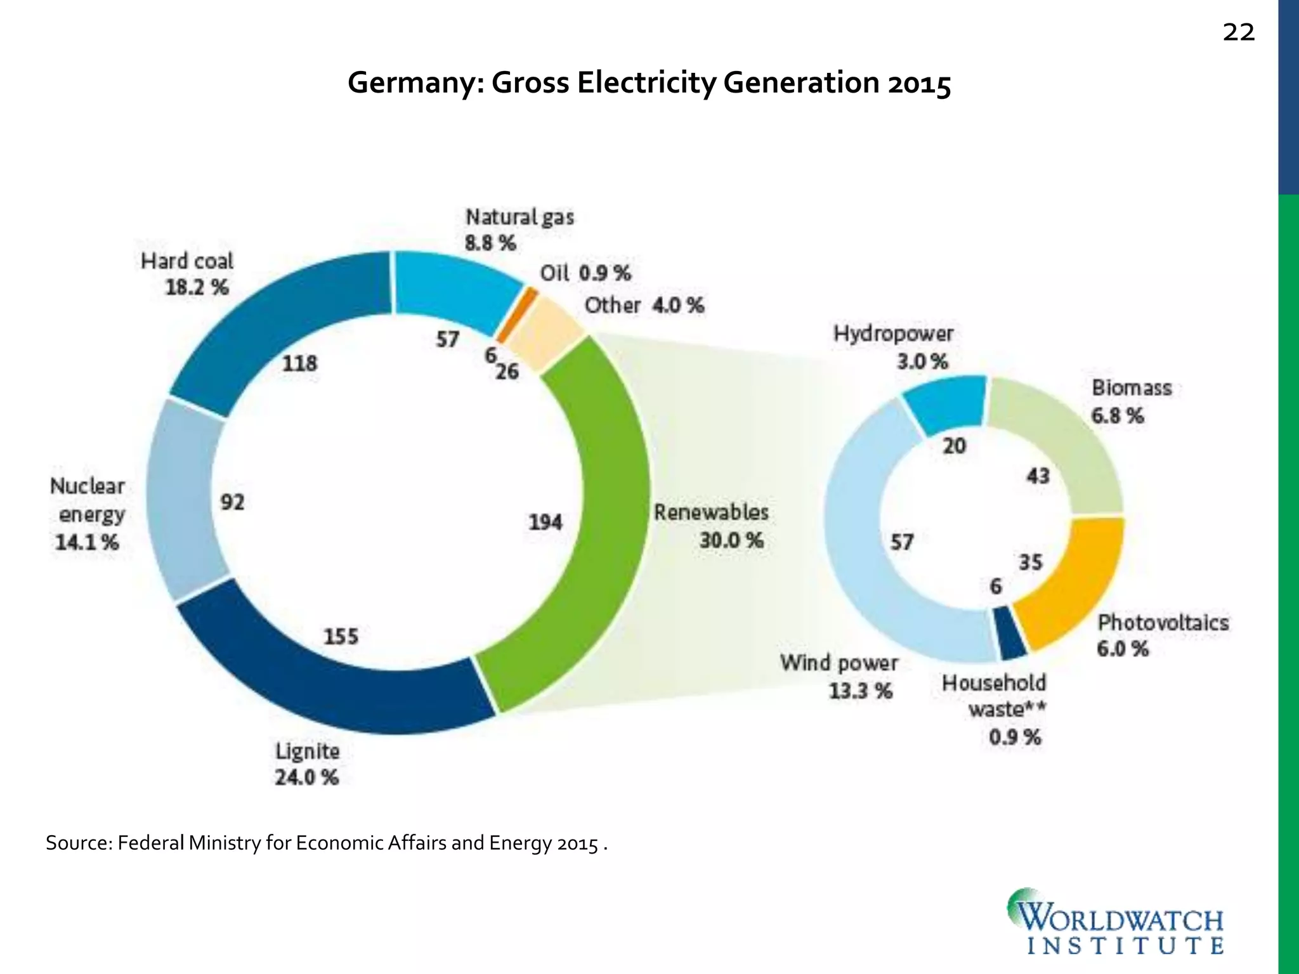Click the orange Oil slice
(516, 314)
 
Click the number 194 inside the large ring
(545, 523)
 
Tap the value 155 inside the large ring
(341, 636)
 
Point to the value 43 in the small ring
(1038, 476)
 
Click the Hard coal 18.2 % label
(188, 274)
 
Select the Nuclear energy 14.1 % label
(88, 514)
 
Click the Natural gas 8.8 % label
(519, 230)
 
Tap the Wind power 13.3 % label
(839, 676)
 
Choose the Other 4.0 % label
(644, 306)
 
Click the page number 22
(1238, 32)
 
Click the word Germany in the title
(415, 82)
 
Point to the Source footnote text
(326, 843)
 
